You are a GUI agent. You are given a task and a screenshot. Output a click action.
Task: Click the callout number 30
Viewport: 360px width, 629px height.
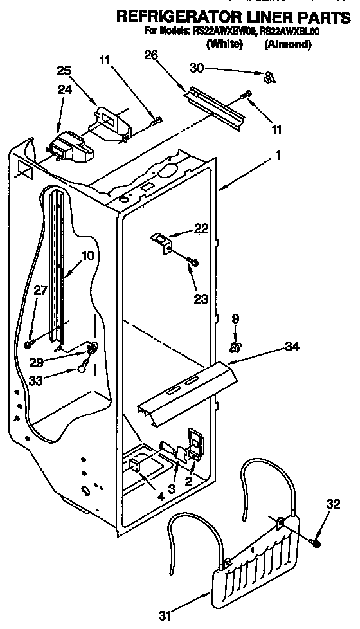click(197, 66)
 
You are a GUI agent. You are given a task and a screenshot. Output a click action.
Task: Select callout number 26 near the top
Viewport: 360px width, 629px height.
click(151, 55)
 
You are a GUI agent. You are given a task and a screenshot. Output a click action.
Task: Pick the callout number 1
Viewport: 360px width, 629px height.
click(278, 154)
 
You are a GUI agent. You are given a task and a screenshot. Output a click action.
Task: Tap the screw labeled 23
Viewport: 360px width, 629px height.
click(192, 261)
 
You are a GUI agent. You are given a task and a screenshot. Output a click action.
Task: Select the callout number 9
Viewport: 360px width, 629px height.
click(235, 318)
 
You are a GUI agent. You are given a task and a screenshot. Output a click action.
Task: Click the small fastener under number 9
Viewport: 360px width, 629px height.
click(236, 347)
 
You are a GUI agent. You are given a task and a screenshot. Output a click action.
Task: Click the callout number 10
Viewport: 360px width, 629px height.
click(87, 255)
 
